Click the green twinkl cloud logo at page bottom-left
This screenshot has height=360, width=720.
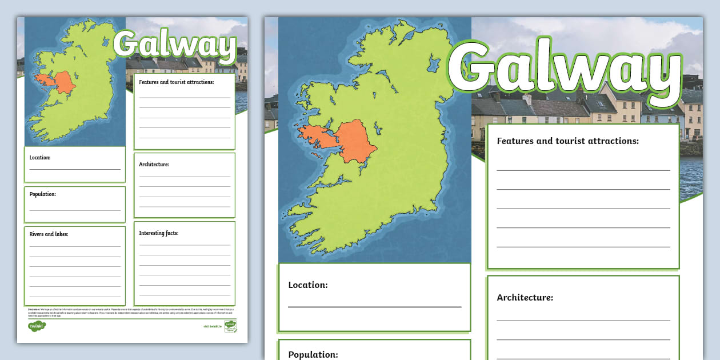[x=37, y=327]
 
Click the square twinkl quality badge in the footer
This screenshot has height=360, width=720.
[x=230, y=326]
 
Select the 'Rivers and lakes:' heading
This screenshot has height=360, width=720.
[x=49, y=234]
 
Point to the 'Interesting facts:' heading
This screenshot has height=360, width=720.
[x=159, y=233]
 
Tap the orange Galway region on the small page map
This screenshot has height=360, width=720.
[x=63, y=82]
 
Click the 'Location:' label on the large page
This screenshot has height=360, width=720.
[x=308, y=285]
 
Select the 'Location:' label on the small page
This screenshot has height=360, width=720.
[x=40, y=157]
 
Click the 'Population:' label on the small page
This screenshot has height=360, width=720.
[x=43, y=194]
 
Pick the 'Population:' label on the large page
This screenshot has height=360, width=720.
[x=313, y=354]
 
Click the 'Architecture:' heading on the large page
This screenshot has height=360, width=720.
[x=525, y=298]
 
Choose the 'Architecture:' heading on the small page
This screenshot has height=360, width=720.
[x=154, y=165]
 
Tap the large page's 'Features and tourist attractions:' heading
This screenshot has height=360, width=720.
[x=567, y=141]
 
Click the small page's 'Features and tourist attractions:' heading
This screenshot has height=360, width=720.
[x=176, y=82]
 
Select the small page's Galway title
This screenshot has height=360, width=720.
[x=174, y=46]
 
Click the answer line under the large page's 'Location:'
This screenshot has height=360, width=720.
[x=374, y=307]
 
